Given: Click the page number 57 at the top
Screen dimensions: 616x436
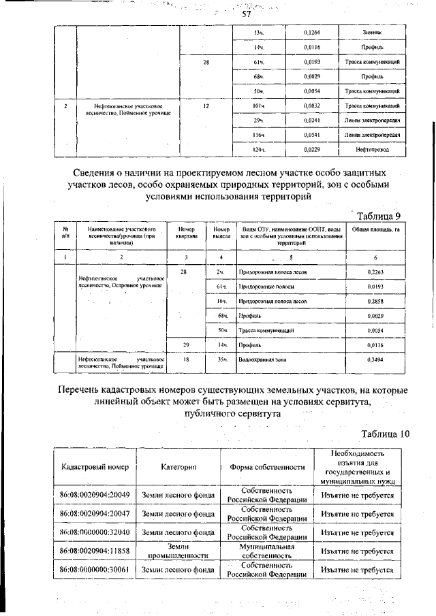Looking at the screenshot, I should (247, 14).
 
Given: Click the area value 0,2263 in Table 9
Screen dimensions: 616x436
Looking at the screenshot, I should (375, 272).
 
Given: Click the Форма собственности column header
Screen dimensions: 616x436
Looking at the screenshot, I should (266, 467).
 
